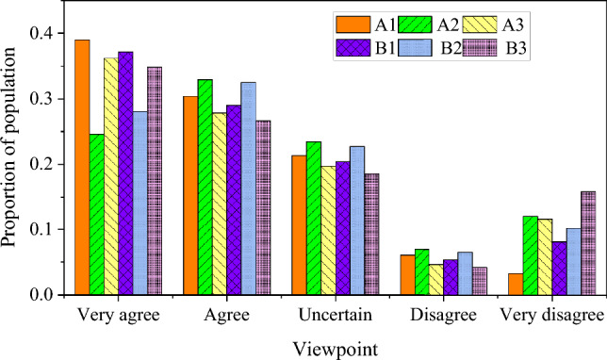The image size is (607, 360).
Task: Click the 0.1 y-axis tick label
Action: [x=39, y=230]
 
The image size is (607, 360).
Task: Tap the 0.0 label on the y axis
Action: [x=39, y=295]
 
